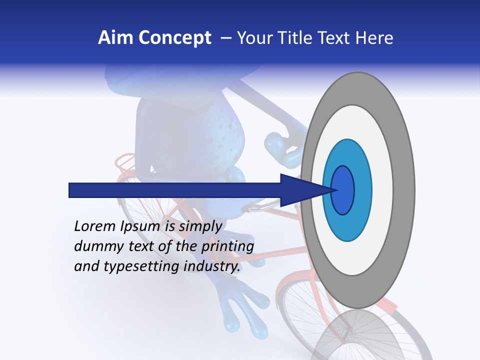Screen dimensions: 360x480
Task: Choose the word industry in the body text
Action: [212, 267]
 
